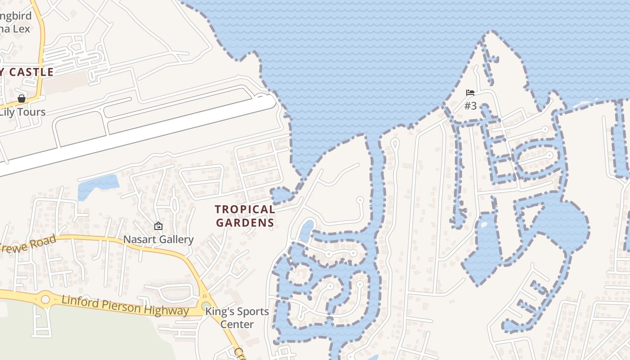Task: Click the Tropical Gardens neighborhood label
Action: [245, 216]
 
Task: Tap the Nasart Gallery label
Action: [158, 239]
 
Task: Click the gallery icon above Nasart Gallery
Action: [158, 226]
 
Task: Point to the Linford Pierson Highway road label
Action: [125, 306]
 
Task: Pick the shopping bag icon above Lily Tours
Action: [21, 99]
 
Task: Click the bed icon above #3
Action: [470, 93]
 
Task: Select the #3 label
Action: [470, 106]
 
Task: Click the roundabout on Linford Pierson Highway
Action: [45, 299]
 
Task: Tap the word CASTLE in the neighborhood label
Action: [31, 72]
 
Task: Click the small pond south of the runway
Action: [98, 185]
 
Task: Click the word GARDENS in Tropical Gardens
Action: [245, 223]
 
